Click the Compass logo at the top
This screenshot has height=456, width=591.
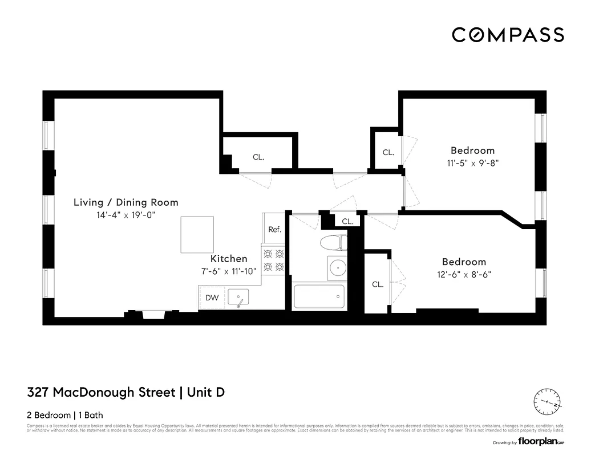point(508,35)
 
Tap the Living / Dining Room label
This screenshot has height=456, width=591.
point(126,202)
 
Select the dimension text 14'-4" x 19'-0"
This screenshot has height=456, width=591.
point(126,215)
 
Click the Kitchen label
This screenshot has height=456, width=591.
point(229,259)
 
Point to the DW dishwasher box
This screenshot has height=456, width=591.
point(212,298)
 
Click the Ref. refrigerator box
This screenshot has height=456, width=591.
point(275,229)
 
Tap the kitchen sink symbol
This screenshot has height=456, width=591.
point(238,297)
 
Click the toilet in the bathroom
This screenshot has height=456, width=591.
point(333,243)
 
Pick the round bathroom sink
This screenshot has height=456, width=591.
point(338,267)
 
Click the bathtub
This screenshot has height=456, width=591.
point(319,296)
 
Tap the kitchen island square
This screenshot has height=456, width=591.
point(197,234)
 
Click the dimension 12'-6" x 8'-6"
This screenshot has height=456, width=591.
point(464,274)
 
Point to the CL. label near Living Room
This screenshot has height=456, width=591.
point(258,157)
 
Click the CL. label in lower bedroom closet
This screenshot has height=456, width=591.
point(378,284)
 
